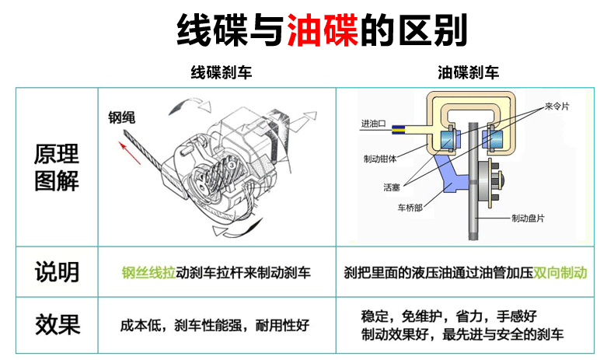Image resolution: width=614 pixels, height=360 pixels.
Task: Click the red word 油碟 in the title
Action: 322,30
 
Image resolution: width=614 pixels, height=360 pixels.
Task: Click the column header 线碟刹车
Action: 222,73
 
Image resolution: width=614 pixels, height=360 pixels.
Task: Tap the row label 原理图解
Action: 56,167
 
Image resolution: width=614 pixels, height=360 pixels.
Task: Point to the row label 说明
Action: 56,272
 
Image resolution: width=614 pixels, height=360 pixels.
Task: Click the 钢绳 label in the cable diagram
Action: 122,118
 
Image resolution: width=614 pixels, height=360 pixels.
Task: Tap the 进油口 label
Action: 373,124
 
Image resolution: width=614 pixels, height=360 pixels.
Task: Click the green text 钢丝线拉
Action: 148,273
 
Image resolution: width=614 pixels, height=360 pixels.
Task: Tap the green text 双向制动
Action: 560,273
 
